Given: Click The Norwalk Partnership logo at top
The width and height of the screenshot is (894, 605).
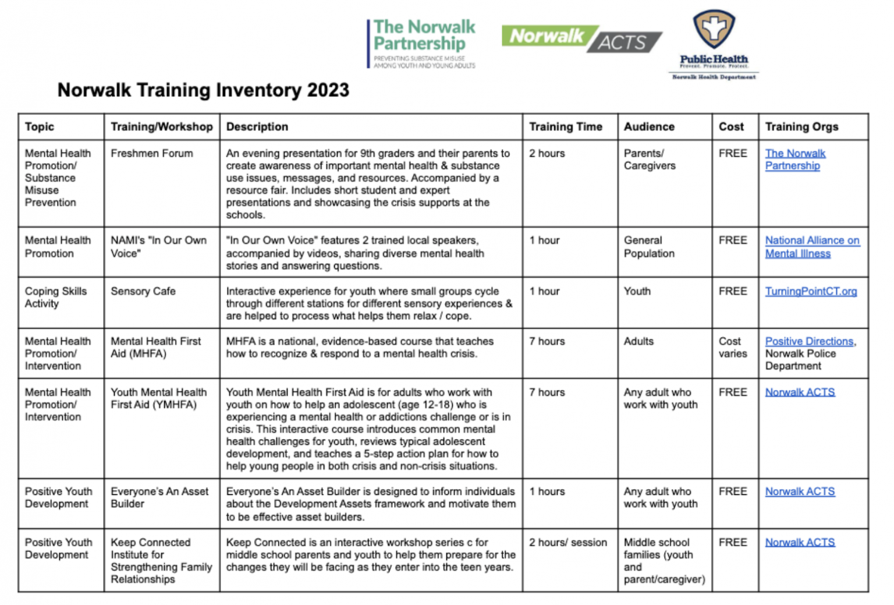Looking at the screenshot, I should pyautogui.click(x=422, y=43).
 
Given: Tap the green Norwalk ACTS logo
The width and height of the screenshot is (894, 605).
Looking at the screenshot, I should pyautogui.click(x=581, y=38).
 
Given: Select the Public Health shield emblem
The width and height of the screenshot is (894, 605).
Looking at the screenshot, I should pyautogui.click(x=714, y=29).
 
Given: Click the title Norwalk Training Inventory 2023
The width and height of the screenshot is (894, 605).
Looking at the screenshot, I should pyautogui.click(x=203, y=90).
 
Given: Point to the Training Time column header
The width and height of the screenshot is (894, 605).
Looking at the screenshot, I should pyautogui.click(x=565, y=127).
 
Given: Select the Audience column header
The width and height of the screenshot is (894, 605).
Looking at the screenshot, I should pyautogui.click(x=649, y=127).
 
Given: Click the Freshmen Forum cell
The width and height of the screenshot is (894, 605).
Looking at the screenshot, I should pyautogui.click(x=152, y=154).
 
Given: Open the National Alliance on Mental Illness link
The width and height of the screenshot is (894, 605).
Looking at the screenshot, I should pyautogui.click(x=811, y=247).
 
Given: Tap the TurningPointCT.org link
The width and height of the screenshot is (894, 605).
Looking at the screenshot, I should pyautogui.click(x=810, y=291).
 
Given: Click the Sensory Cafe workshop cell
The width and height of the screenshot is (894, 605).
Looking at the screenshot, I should pyautogui.click(x=143, y=291).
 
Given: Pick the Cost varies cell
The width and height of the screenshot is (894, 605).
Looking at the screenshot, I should pyautogui.click(x=732, y=348).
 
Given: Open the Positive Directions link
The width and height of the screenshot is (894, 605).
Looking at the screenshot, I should pyautogui.click(x=808, y=341).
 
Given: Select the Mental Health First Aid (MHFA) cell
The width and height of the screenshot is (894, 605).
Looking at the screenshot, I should pyautogui.click(x=155, y=348).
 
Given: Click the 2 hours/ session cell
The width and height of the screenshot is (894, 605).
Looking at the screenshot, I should pyautogui.click(x=567, y=543).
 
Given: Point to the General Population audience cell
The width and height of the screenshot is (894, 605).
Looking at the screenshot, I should pyautogui.click(x=649, y=247).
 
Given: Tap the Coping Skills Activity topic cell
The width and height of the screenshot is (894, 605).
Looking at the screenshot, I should pyautogui.click(x=55, y=297).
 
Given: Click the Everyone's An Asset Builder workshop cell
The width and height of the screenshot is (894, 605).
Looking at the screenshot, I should pyautogui.click(x=159, y=498).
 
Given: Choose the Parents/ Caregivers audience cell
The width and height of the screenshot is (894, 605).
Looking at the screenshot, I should pyautogui.click(x=649, y=160).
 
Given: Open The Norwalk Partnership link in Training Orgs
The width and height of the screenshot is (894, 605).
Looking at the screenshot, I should pyautogui.click(x=794, y=160).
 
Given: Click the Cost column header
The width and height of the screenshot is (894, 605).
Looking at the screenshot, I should pyautogui.click(x=731, y=127).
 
